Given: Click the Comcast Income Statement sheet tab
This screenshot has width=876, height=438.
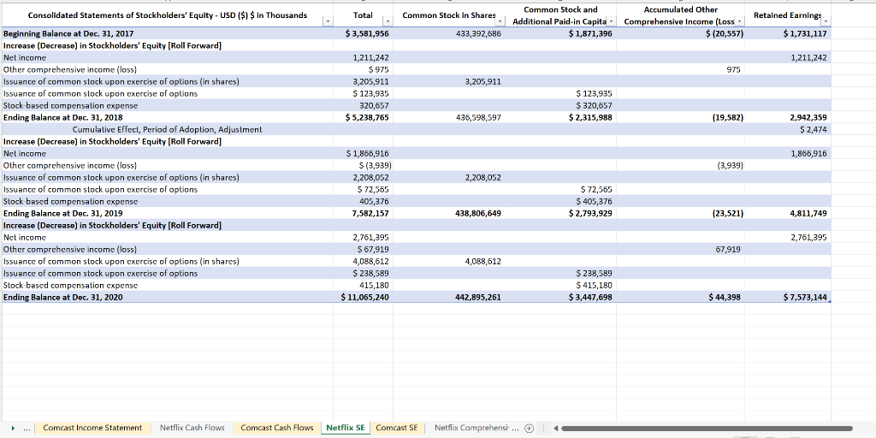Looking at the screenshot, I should tap(92, 428).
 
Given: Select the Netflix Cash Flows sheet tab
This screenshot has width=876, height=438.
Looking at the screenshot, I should tap(192, 428).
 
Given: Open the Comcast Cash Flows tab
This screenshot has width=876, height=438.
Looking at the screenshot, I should tap(277, 428).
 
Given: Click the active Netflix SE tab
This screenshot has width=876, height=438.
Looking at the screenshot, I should tap(346, 428).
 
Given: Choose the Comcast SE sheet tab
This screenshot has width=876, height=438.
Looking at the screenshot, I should tap(397, 428).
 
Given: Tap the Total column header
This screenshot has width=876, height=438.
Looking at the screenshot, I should tap(362, 15).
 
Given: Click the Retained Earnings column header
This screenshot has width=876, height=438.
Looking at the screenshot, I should tap(787, 15).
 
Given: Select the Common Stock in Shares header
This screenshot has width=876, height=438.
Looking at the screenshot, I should tap(448, 15).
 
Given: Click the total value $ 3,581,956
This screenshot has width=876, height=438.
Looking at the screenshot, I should tap(367, 33).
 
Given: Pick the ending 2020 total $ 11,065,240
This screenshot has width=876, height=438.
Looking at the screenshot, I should tap(365, 297).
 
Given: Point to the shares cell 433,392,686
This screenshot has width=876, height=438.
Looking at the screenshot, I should tap(479, 33).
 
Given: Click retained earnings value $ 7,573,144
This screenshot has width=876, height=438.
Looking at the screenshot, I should tap(805, 297).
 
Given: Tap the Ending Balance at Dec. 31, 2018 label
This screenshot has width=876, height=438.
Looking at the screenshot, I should tap(63, 117).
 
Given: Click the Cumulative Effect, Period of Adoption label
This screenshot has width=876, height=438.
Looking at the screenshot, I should tap(167, 129).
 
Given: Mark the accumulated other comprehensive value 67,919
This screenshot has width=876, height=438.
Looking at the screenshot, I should tap(727, 249).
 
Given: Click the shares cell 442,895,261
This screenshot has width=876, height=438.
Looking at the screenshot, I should tap(479, 297).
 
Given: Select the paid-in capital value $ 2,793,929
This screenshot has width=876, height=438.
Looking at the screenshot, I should tap(590, 213).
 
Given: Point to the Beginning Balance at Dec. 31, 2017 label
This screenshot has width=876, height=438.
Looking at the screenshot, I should tap(68, 33).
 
